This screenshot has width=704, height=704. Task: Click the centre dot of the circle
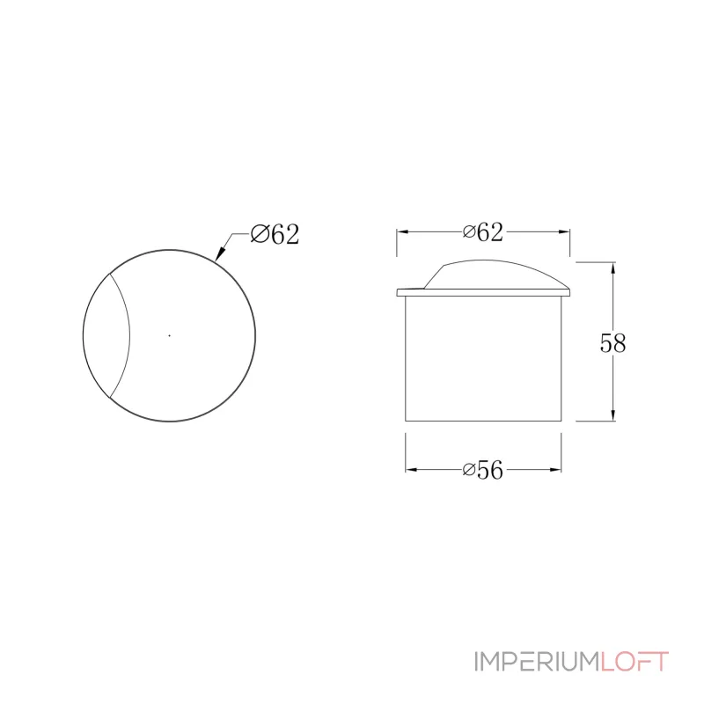pyautogui.click(x=169, y=335)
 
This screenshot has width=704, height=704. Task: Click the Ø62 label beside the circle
pyautogui.click(x=275, y=234)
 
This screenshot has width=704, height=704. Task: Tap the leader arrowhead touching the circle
pyautogui.click(x=219, y=254)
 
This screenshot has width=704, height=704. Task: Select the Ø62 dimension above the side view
pyautogui.click(x=482, y=232)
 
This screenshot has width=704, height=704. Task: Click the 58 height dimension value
pyautogui.click(x=612, y=343)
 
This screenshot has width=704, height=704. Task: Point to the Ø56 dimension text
pyautogui.click(x=482, y=470)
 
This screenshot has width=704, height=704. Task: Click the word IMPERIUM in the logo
pyautogui.click(x=537, y=662)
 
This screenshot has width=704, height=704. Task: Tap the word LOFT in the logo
pyautogui.click(x=634, y=662)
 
